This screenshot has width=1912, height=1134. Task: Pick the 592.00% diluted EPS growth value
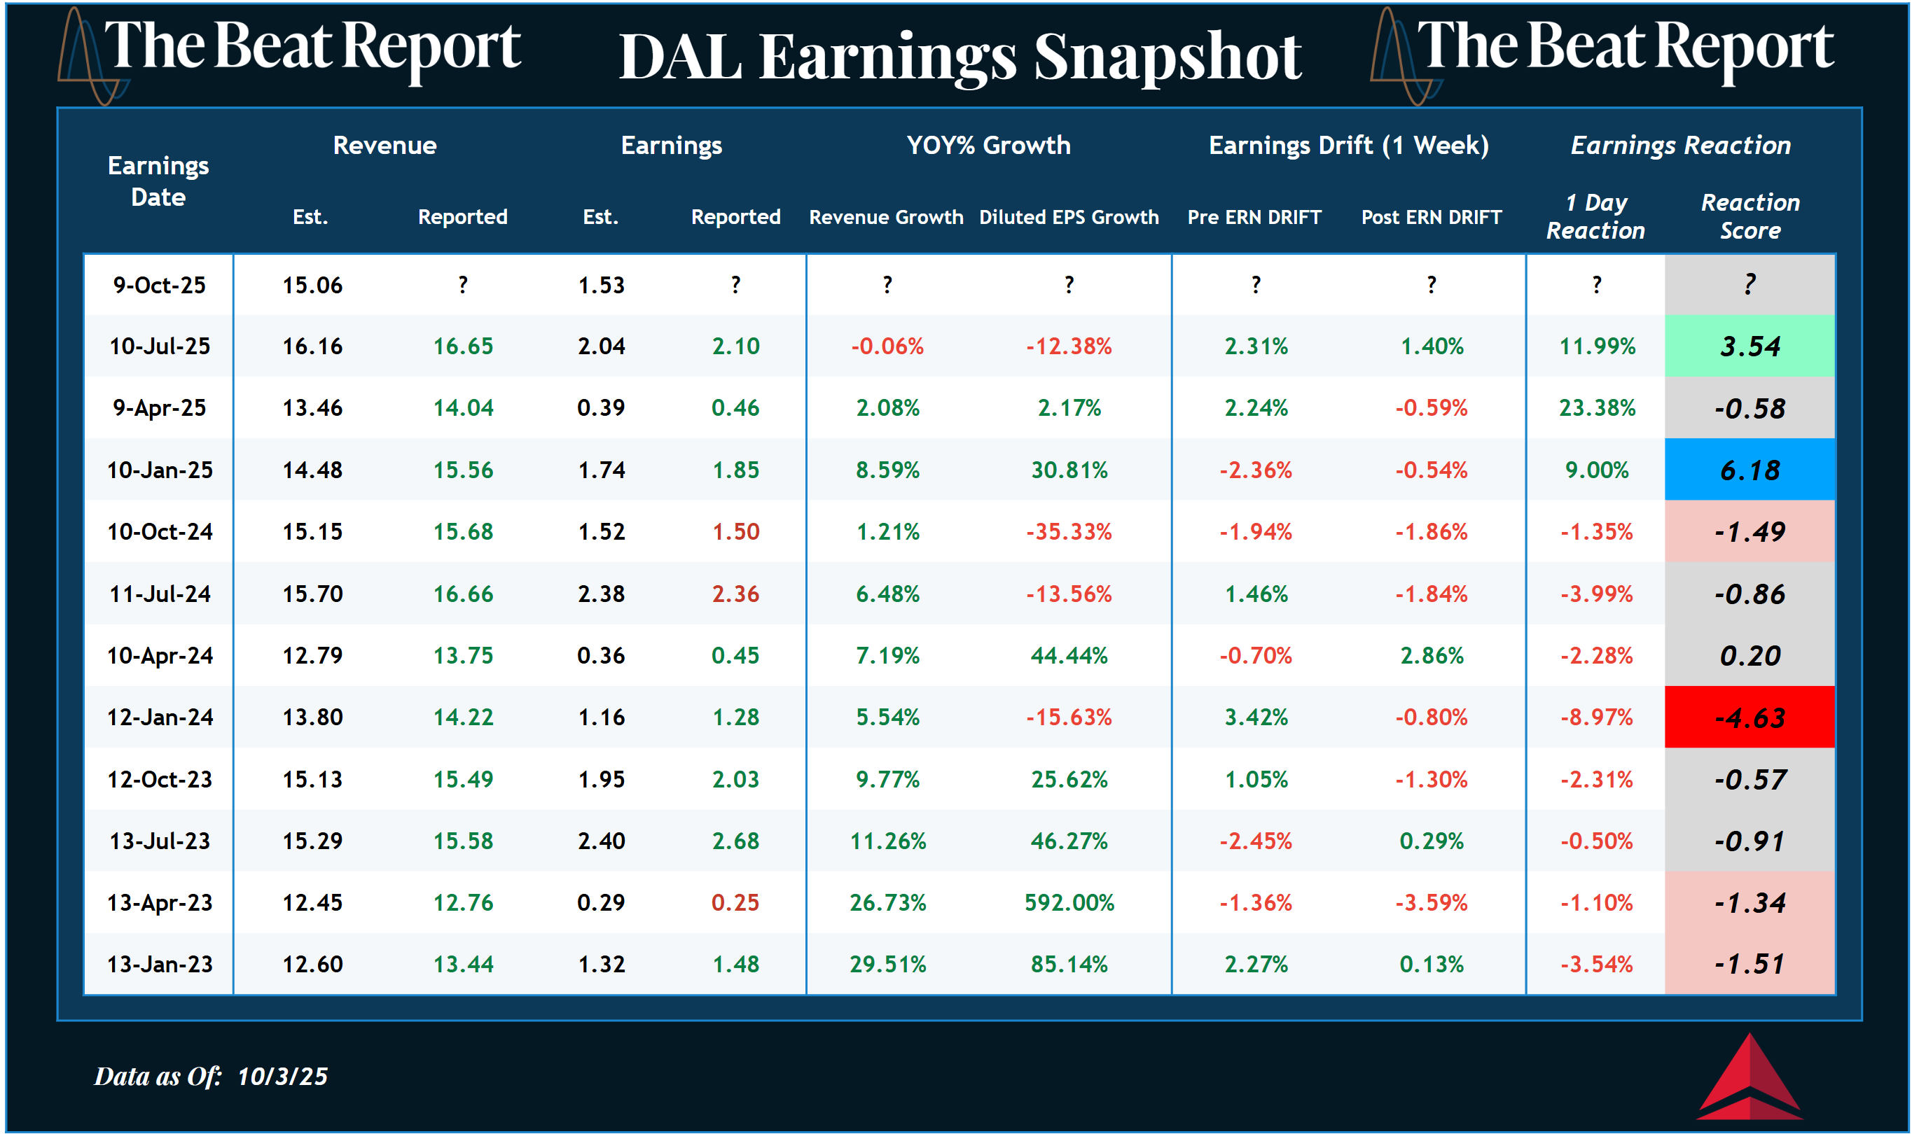click(x=1069, y=902)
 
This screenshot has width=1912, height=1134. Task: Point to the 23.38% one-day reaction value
click(x=1596, y=408)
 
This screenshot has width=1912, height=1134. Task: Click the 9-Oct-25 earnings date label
click(x=159, y=285)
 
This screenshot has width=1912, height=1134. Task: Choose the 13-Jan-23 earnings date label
click(x=159, y=965)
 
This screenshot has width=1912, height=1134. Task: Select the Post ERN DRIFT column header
click(x=1431, y=217)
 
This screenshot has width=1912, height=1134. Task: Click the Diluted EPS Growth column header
click(x=1069, y=217)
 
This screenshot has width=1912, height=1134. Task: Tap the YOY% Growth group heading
click(x=988, y=145)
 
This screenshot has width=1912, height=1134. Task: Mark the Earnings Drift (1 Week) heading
click(x=1349, y=145)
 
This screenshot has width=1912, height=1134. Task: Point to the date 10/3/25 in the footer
click(x=282, y=1077)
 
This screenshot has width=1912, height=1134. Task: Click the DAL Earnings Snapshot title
click(x=960, y=57)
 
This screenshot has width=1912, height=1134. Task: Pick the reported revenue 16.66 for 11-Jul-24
click(x=463, y=594)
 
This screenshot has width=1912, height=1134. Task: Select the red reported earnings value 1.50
click(x=735, y=532)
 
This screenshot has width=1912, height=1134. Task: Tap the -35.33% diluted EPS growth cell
click(x=1069, y=532)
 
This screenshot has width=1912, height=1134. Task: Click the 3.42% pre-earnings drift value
click(x=1255, y=717)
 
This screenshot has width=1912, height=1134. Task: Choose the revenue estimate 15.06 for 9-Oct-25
click(x=312, y=285)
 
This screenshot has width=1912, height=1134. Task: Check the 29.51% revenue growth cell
click(x=887, y=965)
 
